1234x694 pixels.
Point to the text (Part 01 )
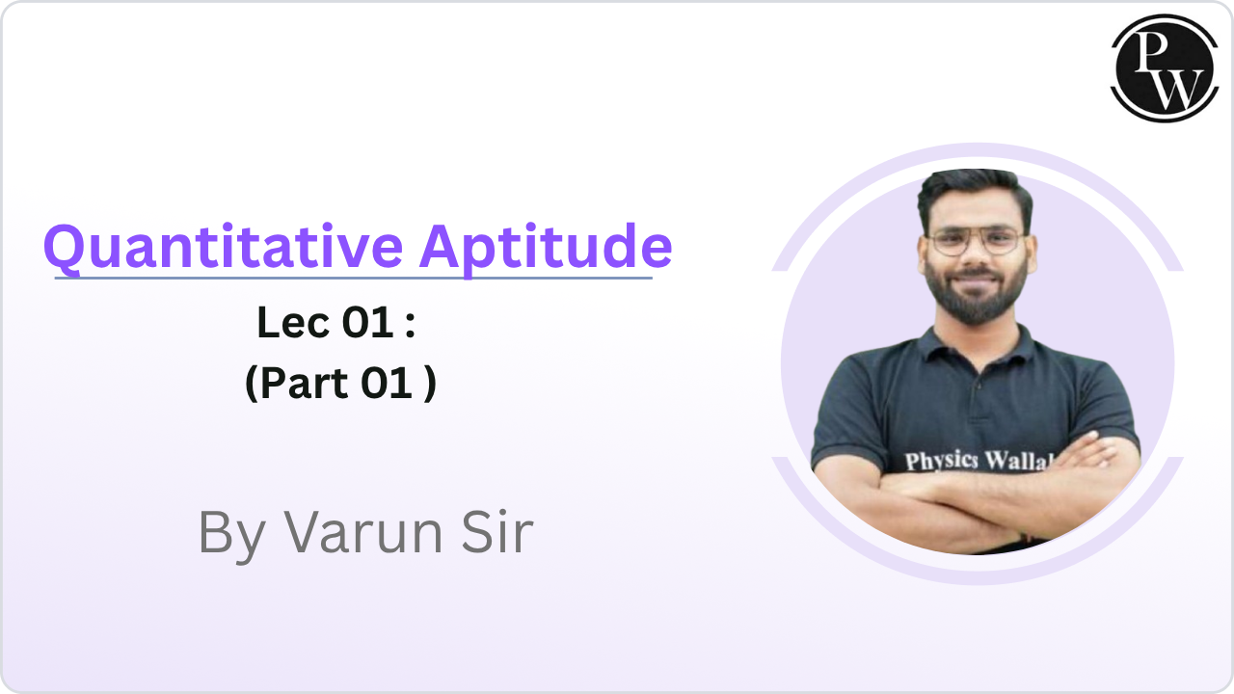(340, 384)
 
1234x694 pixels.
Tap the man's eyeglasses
(975, 241)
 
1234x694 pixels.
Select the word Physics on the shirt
(941, 460)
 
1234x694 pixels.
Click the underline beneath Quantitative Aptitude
(353, 279)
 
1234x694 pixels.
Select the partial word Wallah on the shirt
(1016, 462)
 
